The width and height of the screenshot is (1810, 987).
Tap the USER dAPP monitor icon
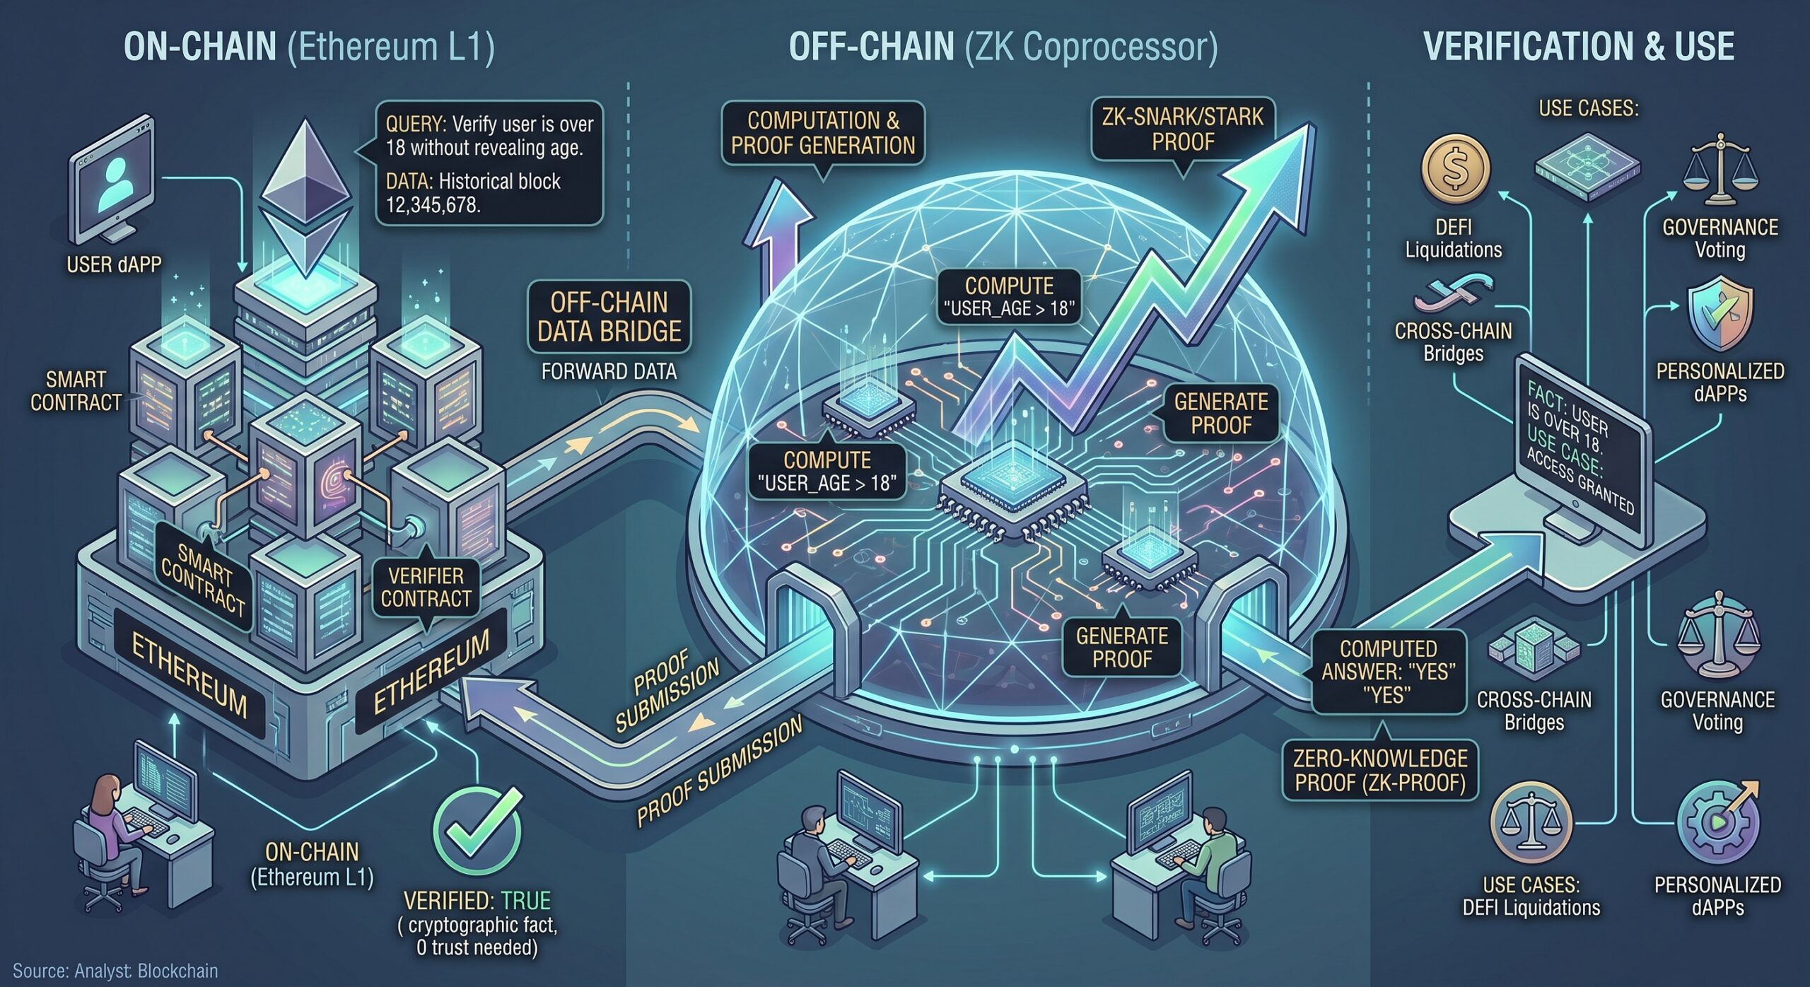click(x=112, y=187)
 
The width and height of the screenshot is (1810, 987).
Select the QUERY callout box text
click(x=489, y=164)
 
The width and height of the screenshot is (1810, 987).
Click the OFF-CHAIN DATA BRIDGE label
click(x=609, y=317)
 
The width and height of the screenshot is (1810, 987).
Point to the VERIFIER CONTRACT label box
click(x=426, y=587)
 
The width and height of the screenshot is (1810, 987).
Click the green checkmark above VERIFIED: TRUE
click(x=478, y=829)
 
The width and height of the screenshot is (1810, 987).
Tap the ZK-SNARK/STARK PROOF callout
click(x=1182, y=129)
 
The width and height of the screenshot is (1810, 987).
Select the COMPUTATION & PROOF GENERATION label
click(x=823, y=133)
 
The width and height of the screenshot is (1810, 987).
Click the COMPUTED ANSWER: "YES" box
click(x=1389, y=672)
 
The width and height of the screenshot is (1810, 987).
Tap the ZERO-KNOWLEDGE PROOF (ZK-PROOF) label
click(x=1380, y=771)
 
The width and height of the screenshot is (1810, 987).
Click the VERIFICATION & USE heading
click(x=1579, y=47)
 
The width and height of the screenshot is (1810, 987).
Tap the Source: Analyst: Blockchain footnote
click(x=115, y=971)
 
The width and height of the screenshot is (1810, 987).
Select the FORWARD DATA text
click(x=609, y=371)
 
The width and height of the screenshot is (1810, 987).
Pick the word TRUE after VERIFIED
click(x=525, y=901)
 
